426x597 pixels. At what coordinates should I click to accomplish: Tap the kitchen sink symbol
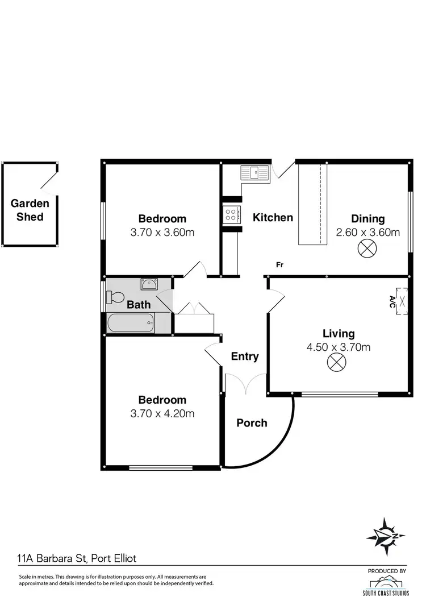pyautogui.click(x=254, y=172)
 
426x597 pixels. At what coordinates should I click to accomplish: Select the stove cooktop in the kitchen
pyautogui.click(x=232, y=214)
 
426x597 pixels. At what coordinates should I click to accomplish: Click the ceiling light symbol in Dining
pyautogui.click(x=364, y=248)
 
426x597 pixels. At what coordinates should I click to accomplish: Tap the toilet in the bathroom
pyautogui.click(x=115, y=297)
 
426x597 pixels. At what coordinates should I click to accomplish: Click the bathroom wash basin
pyautogui.click(x=149, y=284)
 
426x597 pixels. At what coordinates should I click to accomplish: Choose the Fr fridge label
pyautogui.click(x=279, y=264)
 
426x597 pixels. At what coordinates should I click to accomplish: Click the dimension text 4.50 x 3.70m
pyautogui.click(x=339, y=347)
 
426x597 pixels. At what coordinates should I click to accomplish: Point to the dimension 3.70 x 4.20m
pyautogui.click(x=162, y=413)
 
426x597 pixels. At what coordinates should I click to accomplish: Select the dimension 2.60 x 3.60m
pyautogui.click(x=367, y=232)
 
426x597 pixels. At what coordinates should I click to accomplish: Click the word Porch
pyautogui.click(x=252, y=423)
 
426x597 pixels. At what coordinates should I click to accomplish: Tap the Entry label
pyautogui.click(x=245, y=356)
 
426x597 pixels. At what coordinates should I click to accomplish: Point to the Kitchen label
pyautogui.click(x=273, y=217)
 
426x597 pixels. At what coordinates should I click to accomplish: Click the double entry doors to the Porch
pyautogui.click(x=245, y=384)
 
